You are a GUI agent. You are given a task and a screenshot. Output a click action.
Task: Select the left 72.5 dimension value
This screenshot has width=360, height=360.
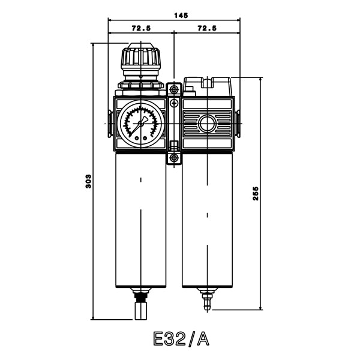click(x=140, y=28)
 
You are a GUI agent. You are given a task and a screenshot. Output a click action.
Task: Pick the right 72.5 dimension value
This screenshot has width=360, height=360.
click(x=206, y=28)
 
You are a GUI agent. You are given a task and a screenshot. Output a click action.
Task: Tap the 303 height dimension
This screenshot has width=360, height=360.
click(x=88, y=181)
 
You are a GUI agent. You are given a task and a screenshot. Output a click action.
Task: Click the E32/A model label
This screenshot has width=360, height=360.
click(x=181, y=340)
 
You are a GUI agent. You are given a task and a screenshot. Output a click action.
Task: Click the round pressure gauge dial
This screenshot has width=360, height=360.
click(x=141, y=122)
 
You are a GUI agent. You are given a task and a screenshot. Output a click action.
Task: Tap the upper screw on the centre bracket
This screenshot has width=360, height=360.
click(x=174, y=89)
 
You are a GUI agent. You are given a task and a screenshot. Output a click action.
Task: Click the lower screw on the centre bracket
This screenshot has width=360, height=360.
click(x=174, y=158)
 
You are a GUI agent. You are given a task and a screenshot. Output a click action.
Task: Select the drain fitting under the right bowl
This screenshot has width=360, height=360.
click(x=208, y=300)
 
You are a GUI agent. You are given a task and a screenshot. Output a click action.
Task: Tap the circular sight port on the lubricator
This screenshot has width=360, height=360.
click(x=208, y=125)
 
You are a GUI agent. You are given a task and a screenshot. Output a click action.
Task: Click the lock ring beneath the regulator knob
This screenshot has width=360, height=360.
click(x=140, y=86)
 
